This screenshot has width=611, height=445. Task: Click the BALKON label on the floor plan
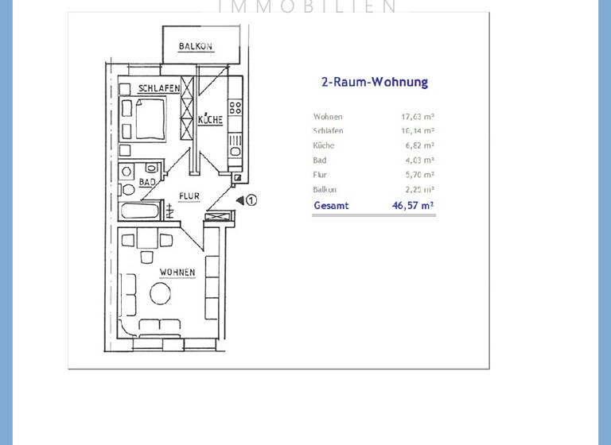(x=196, y=47)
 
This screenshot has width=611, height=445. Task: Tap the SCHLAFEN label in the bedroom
(x=158, y=88)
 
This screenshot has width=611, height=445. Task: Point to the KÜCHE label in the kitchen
(x=210, y=120)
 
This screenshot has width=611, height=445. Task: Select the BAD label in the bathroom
(x=147, y=182)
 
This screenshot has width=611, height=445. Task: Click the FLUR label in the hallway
(x=189, y=195)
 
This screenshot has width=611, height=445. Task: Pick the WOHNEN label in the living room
(x=177, y=273)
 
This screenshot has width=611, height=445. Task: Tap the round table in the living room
(x=160, y=294)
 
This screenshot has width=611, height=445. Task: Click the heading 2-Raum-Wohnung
(x=374, y=82)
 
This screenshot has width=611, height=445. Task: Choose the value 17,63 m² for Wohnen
(x=418, y=117)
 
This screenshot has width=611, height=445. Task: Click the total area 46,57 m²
(x=413, y=206)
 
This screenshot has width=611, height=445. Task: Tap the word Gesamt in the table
(x=331, y=206)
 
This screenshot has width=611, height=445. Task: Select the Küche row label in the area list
(x=324, y=146)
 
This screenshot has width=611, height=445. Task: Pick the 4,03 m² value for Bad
(x=418, y=161)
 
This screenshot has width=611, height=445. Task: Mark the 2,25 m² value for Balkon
(x=418, y=190)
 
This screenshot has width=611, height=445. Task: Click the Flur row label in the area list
(x=320, y=175)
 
